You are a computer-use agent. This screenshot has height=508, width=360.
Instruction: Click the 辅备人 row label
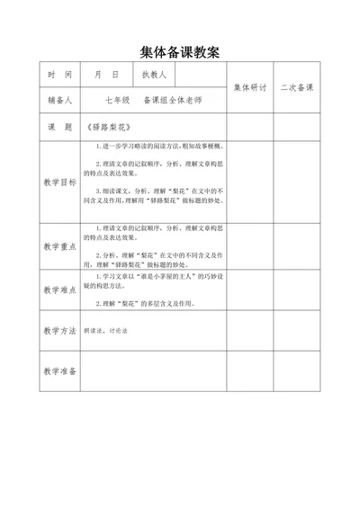coord(58,101)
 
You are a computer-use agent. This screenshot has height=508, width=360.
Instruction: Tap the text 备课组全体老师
coord(171,101)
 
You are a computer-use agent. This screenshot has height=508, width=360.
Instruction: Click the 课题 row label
coord(58,127)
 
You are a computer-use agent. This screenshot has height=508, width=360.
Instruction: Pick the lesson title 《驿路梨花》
coord(106,127)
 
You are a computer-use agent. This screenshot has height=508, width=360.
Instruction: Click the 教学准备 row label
coord(58,371)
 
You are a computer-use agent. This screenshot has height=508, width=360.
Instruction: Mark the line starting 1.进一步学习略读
coord(152,145)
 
